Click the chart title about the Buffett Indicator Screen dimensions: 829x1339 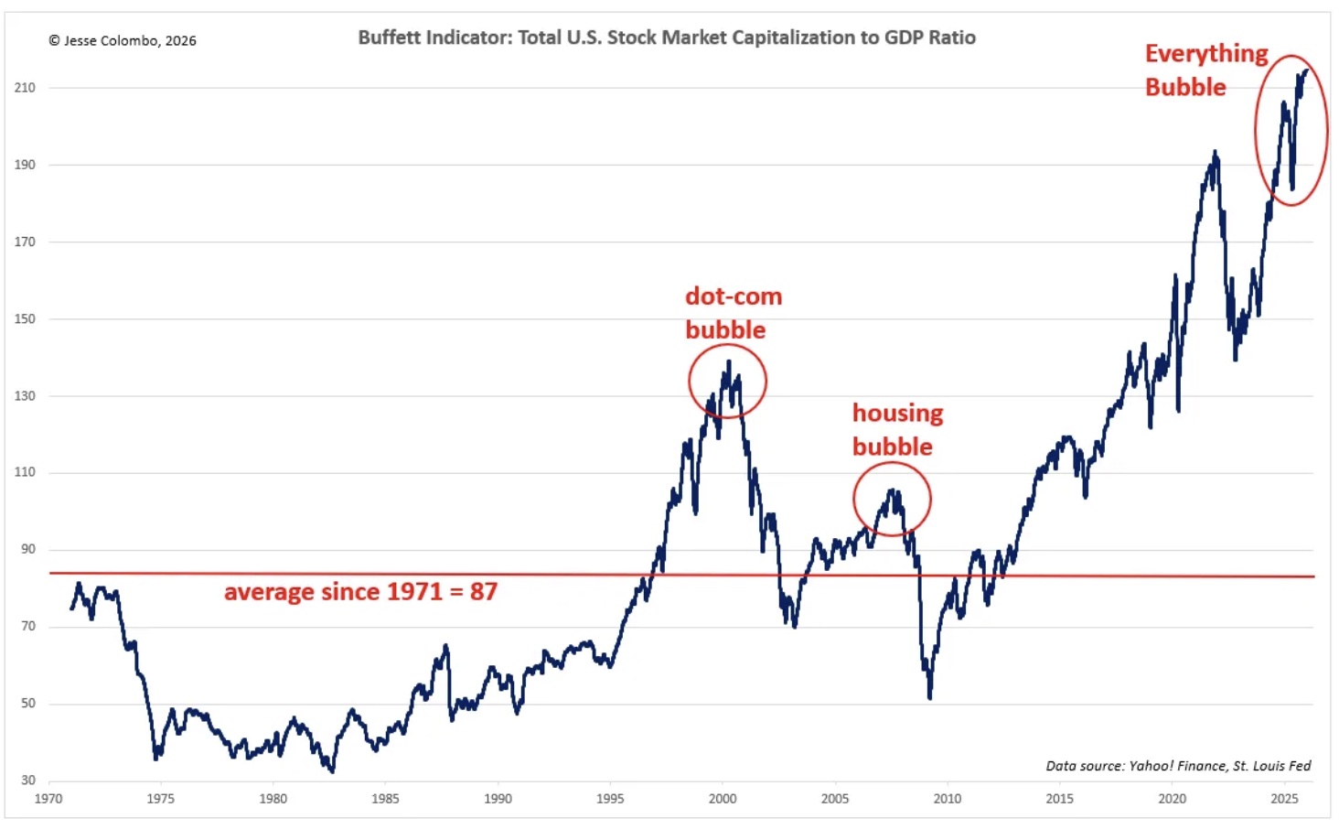[x=667, y=38]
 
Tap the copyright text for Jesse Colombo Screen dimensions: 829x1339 [x=123, y=40]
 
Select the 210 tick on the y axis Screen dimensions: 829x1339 [x=25, y=88]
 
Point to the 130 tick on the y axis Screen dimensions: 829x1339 [x=25, y=395]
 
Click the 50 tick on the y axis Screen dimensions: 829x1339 [x=28, y=703]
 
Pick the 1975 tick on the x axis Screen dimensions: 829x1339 [x=160, y=798]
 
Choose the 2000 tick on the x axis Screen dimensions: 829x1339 [x=723, y=798]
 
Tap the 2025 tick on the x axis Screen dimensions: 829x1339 [x=1284, y=798]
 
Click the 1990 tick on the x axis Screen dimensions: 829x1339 [x=498, y=798]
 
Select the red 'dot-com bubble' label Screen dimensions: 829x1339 [x=734, y=313]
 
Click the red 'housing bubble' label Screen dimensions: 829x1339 [x=897, y=429]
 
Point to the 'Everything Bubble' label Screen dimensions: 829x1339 [x=1205, y=70]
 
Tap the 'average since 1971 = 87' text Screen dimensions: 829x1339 [x=360, y=592]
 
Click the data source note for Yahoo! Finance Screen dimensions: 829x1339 [x=1178, y=766]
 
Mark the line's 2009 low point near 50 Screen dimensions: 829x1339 [x=930, y=698]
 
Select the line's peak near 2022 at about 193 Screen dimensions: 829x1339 [x=1215, y=151]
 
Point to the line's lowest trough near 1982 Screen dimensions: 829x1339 [x=332, y=771]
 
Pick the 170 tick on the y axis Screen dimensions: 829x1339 [x=25, y=242]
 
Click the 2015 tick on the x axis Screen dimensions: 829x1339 [x=1059, y=798]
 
